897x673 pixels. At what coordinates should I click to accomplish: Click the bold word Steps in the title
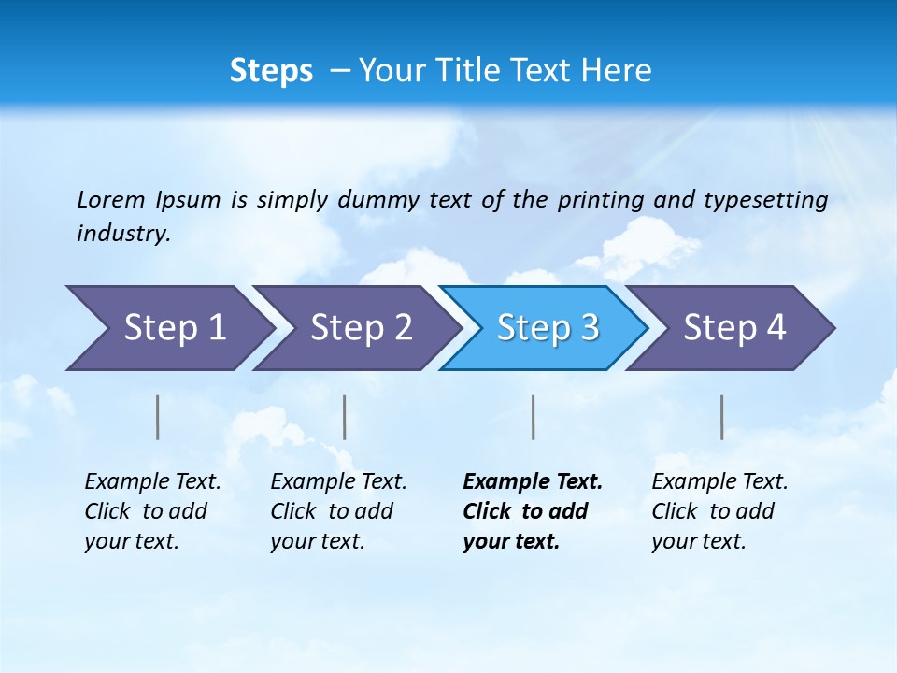tap(271, 71)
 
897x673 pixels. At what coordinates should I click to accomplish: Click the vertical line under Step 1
tap(158, 417)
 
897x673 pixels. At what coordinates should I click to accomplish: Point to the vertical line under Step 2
tap(345, 417)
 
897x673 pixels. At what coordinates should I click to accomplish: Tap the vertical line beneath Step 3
tap(533, 417)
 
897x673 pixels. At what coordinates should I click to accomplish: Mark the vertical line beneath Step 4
tap(721, 417)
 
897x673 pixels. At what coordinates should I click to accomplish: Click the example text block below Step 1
tap(152, 511)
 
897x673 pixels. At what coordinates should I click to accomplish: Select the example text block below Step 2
tap(338, 511)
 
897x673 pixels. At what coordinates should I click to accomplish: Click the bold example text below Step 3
tap(532, 511)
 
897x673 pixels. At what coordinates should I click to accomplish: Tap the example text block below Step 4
tap(719, 511)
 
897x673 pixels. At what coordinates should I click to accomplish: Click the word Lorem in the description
tap(110, 199)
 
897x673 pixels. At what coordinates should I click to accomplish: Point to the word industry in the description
tap(123, 233)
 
